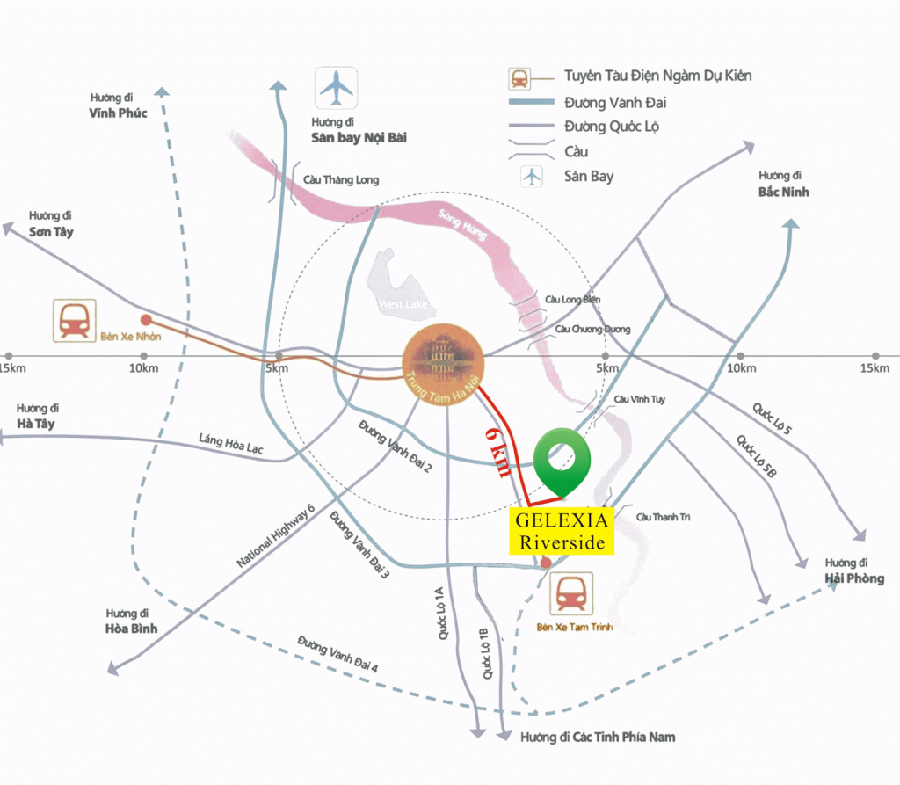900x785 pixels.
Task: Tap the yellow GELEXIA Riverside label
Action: click(562, 531)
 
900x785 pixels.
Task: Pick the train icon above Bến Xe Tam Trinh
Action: click(571, 593)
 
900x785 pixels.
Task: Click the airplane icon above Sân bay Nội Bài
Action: click(337, 88)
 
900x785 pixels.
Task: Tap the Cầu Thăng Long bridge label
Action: click(341, 180)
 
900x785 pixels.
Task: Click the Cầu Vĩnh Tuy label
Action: click(639, 399)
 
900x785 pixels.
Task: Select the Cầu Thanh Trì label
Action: click(663, 517)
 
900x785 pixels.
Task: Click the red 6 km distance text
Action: click(497, 453)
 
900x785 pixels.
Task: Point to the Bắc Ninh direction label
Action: click(783, 192)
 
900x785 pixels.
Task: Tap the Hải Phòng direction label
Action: click(853, 578)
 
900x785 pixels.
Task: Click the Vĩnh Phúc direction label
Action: click(118, 113)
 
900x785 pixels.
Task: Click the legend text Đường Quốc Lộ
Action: click(612, 127)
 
